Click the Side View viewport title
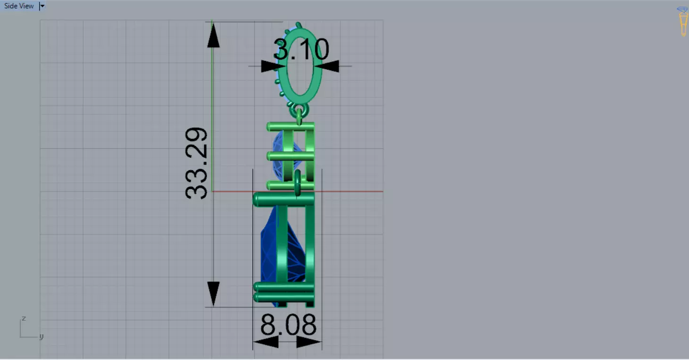19,6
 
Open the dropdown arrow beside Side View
42,6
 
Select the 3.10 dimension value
301,49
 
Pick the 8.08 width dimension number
288,325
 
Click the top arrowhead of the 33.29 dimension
213,36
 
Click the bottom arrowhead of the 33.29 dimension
213,292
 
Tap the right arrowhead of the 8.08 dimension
309,342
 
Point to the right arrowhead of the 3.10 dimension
330,66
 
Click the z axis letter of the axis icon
24,318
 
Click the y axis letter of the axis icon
41,336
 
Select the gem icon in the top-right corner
682,21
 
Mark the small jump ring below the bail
300,111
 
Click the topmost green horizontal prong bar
290,127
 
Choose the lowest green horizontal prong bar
284,298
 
